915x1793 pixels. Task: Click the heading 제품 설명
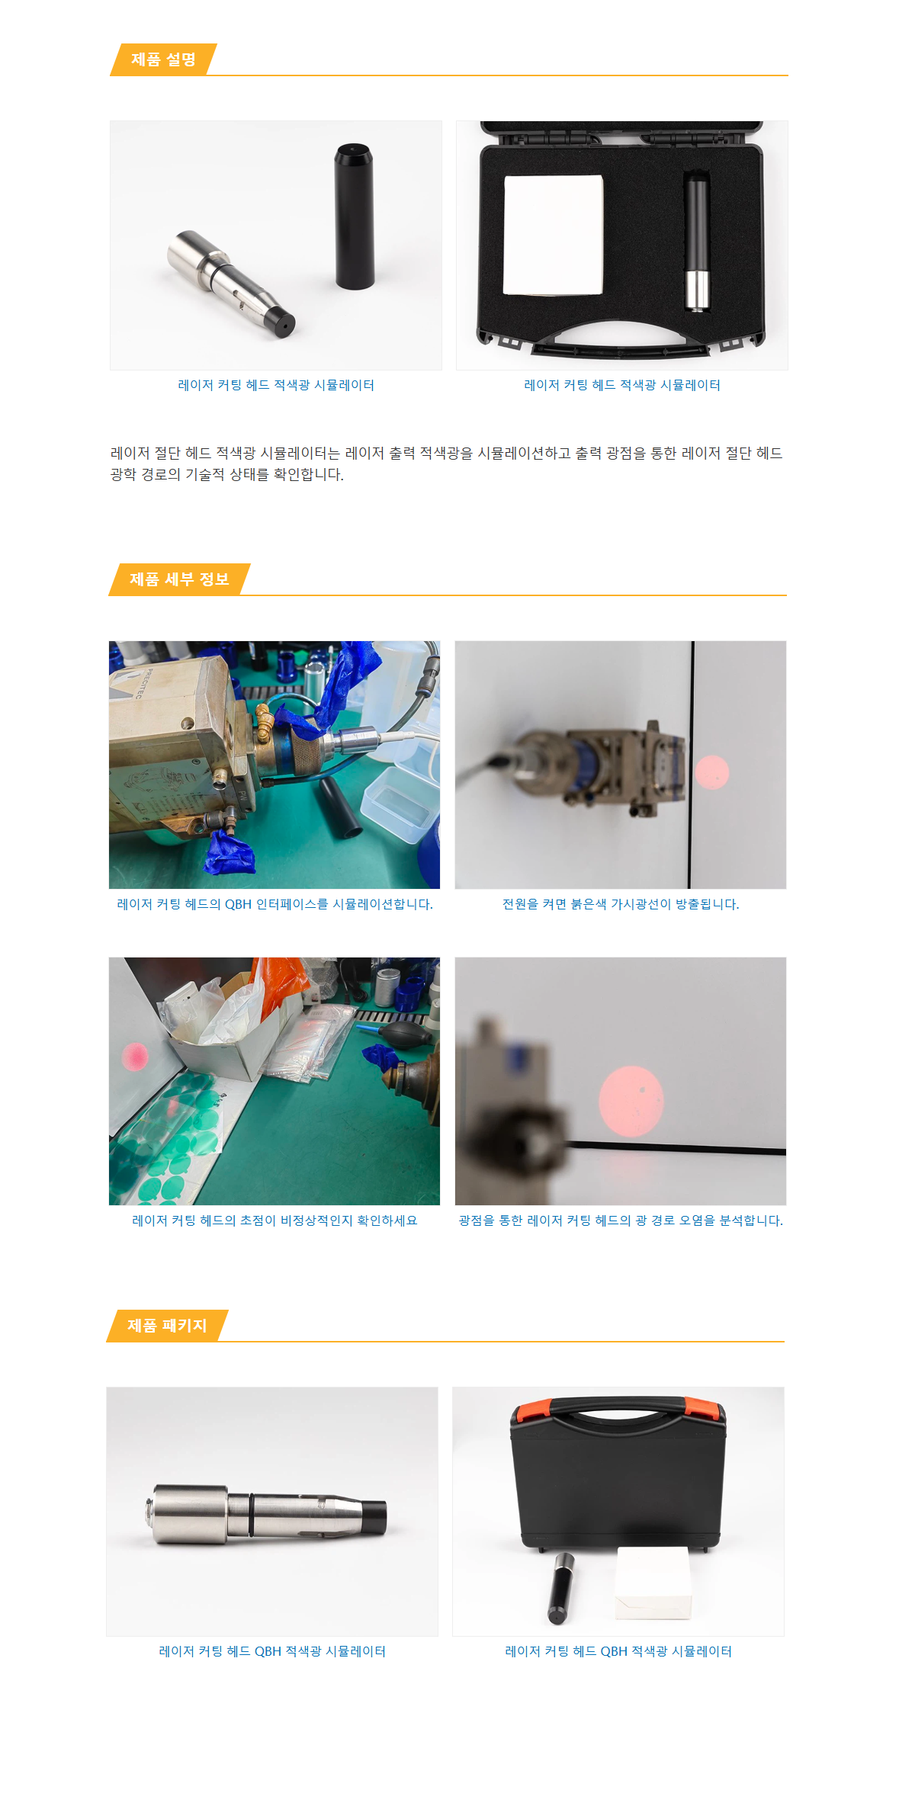[163, 59]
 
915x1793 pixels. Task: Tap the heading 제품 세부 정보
[179, 579]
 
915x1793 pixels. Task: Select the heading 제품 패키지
[167, 1326]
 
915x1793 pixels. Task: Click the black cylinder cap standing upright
[354, 217]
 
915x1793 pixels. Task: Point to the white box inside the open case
[554, 235]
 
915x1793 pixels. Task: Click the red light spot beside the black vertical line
[712, 772]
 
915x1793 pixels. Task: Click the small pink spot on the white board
[135, 1057]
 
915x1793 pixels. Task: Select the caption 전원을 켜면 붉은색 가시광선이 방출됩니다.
[621, 904]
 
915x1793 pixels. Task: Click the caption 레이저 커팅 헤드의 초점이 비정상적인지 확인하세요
[274, 1220]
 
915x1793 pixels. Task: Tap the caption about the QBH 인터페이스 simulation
[274, 904]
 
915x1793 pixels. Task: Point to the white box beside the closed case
[653, 1583]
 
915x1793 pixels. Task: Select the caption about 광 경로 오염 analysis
[621, 1220]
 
